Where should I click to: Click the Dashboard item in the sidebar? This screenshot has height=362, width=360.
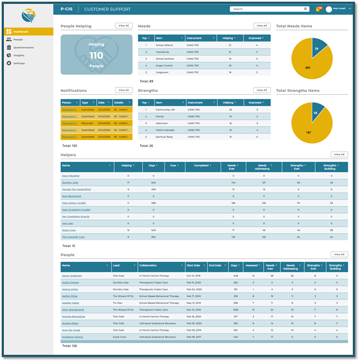21,32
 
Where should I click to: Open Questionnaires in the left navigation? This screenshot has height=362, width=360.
23,48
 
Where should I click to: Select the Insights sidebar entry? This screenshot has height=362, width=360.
19,55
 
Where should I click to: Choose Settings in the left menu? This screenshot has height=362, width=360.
19,63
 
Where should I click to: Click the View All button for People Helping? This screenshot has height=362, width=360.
124,26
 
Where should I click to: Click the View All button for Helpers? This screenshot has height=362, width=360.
339,154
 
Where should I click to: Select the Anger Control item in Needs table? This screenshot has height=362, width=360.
165,65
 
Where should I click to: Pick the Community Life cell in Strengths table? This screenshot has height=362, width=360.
166,110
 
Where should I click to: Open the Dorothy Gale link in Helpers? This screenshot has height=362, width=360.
70,182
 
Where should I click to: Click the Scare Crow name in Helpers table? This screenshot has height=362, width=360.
69,230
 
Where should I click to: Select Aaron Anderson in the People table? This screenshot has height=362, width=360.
73,275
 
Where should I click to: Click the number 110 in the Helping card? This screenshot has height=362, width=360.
96,55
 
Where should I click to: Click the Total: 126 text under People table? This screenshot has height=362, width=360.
70,345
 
